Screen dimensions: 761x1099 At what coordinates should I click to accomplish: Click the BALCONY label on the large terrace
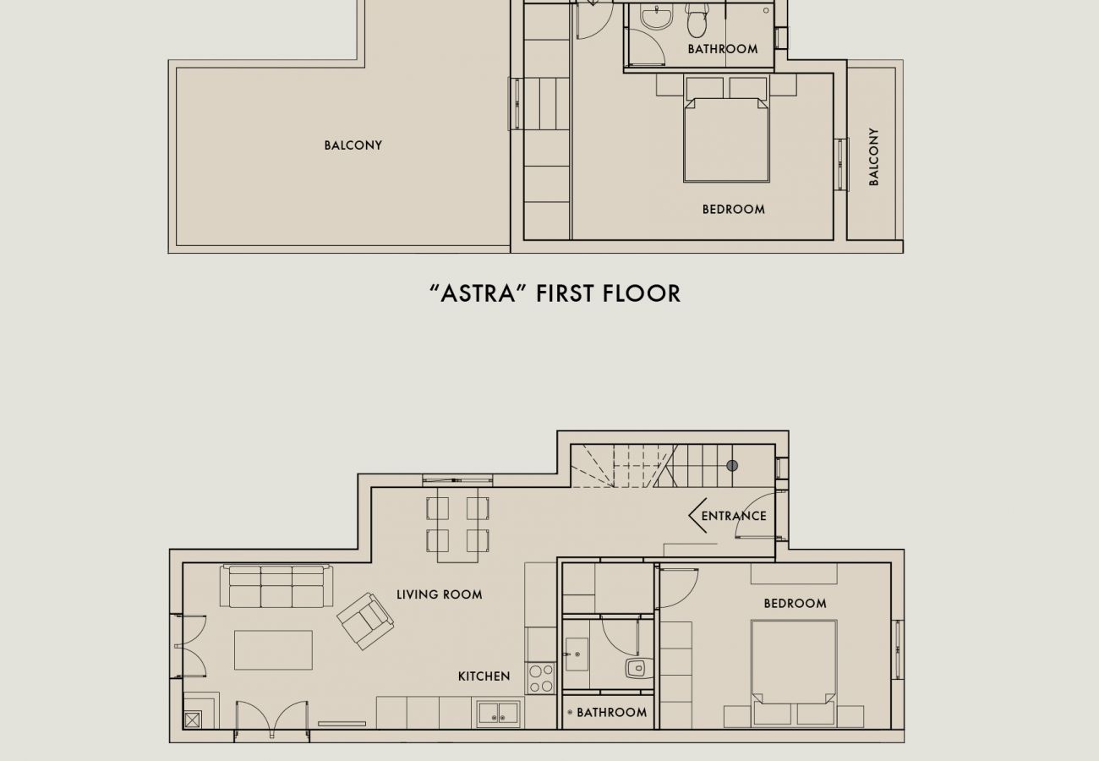pos(353,145)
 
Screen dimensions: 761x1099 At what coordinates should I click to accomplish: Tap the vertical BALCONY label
pos(873,157)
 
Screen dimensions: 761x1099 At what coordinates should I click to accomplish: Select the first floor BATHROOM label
pos(722,49)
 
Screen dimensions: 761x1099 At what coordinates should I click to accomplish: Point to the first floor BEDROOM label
pos(733,209)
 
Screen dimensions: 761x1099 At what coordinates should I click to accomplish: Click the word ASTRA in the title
pos(478,293)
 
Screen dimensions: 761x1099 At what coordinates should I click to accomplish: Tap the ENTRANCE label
pos(734,516)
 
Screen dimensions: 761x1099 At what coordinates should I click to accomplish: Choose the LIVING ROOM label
pos(440,594)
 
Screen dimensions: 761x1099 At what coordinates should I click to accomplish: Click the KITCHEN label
pos(484,676)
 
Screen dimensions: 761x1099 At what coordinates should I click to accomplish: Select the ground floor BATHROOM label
pos(611,713)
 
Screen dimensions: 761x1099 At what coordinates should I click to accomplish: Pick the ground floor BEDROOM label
pos(795,604)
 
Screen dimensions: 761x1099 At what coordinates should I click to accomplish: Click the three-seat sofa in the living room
pos(276,587)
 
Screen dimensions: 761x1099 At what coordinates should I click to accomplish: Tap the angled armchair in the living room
pos(365,621)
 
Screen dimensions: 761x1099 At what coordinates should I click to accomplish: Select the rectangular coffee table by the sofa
pos(273,650)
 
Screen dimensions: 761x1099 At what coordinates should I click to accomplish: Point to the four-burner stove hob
pos(540,677)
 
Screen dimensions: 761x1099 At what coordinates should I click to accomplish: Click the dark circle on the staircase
pos(732,466)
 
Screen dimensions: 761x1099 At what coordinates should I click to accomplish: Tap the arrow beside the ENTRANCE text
pos(697,516)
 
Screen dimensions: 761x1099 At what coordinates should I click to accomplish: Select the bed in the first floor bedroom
pos(726,140)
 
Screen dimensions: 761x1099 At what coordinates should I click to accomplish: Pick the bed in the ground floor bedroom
pos(794,662)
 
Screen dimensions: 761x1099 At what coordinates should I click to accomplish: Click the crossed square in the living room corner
pos(193,720)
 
